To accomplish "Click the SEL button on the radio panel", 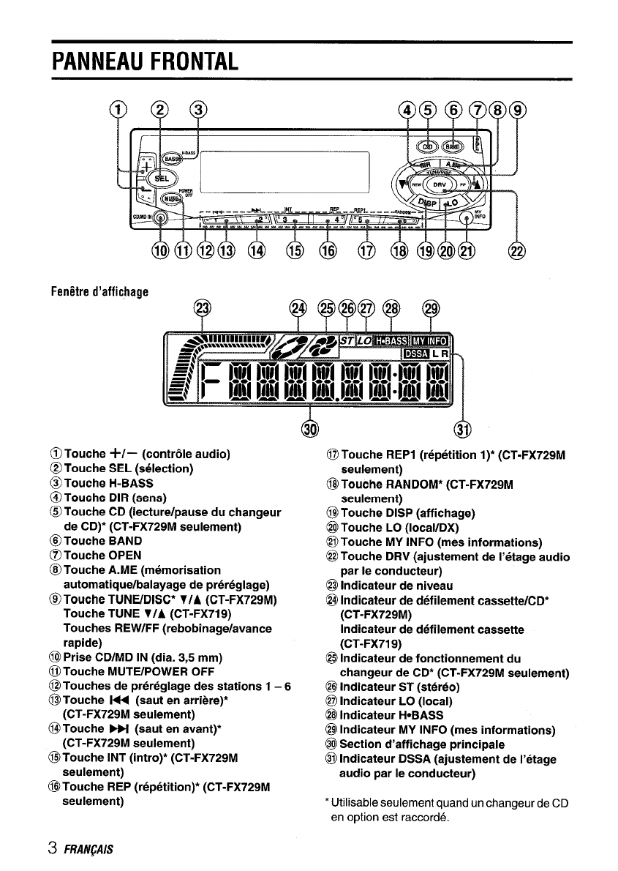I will click(163, 178).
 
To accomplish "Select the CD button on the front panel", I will click(425, 144).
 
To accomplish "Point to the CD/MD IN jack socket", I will click(161, 217).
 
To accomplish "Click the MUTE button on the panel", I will click(170, 198).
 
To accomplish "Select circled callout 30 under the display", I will click(309, 427).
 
